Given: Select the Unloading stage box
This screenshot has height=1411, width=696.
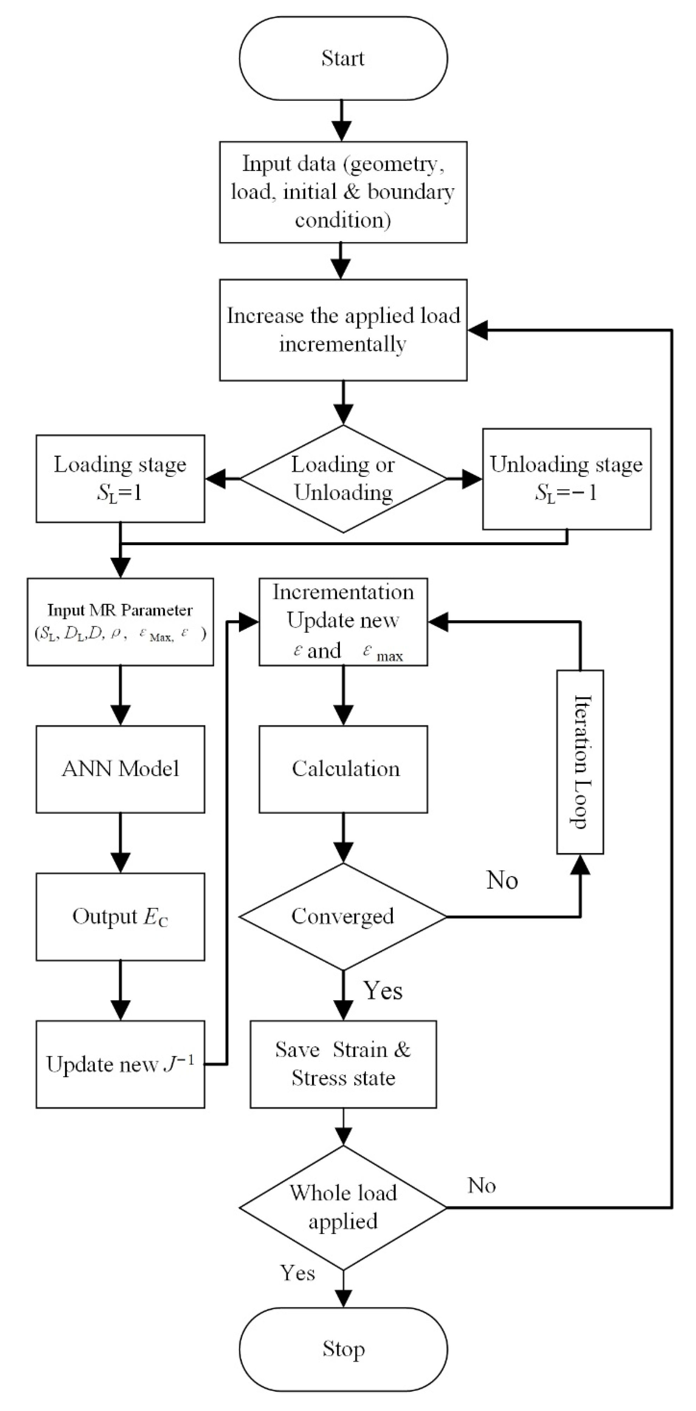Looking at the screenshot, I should click(x=566, y=479).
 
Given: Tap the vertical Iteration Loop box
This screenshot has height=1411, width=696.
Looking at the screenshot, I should click(x=580, y=762).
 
